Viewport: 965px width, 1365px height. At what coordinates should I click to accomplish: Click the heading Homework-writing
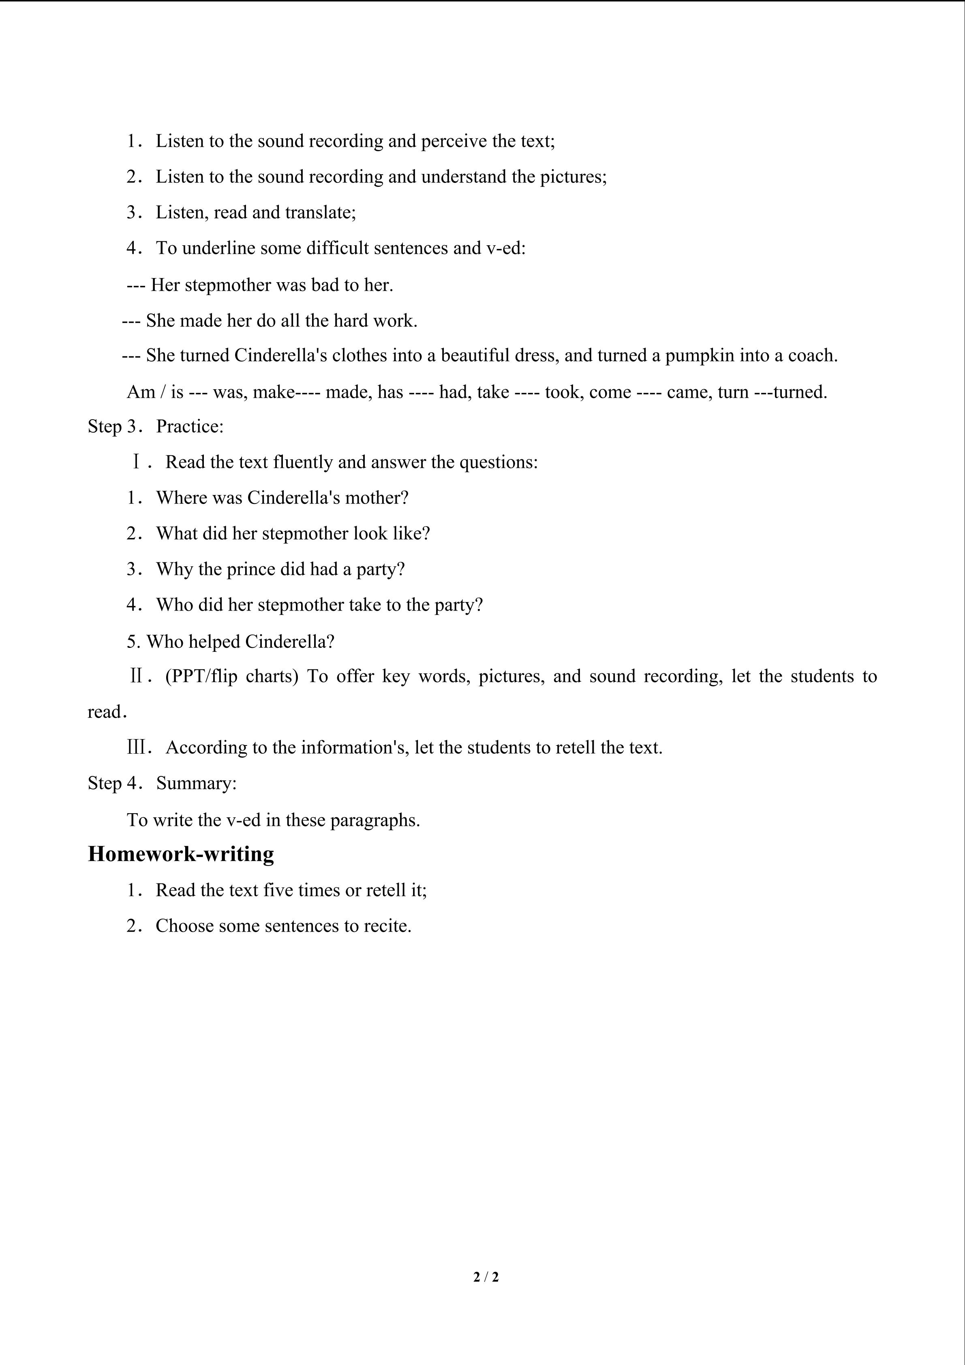point(181,854)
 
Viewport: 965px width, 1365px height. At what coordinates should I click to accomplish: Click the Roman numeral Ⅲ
point(137,747)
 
